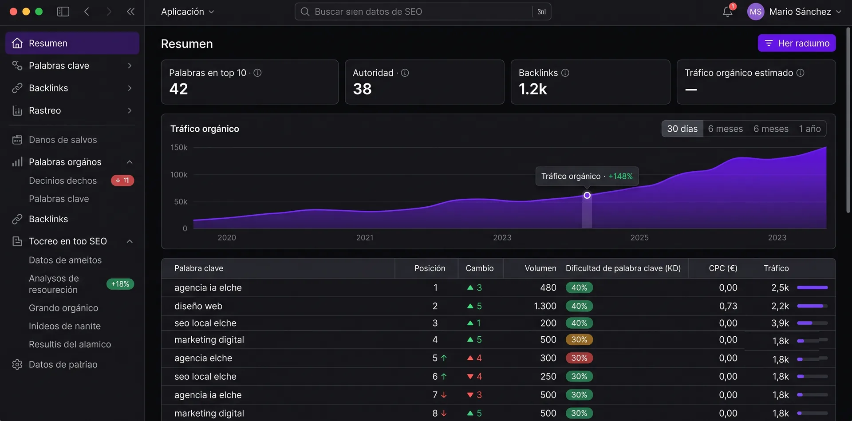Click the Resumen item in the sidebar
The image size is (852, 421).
[x=72, y=43]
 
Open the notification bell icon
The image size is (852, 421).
[x=727, y=12]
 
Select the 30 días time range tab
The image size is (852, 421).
[x=682, y=129]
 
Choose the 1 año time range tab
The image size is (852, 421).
[x=810, y=129]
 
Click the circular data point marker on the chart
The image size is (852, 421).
[x=587, y=195]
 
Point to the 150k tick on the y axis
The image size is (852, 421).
[x=179, y=147]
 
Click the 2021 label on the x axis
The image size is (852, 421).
[x=365, y=237]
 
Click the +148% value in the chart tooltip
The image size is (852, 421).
[x=620, y=176]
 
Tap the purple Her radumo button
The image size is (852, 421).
[x=797, y=43]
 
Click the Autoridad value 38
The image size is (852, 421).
[x=362, y=89]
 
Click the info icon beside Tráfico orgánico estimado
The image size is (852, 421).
[x=800, y=73]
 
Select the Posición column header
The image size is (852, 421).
[x=430, y=268]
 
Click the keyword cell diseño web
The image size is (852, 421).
[x=198, y=306]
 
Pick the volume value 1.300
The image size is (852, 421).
[x=545, y=306]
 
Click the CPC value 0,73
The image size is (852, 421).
[x=728, y=306]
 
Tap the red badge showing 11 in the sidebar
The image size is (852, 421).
[x=122, y=180]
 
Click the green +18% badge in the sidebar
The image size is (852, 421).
[x=120, y=284]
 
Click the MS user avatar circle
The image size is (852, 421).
[x=755, y=12]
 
